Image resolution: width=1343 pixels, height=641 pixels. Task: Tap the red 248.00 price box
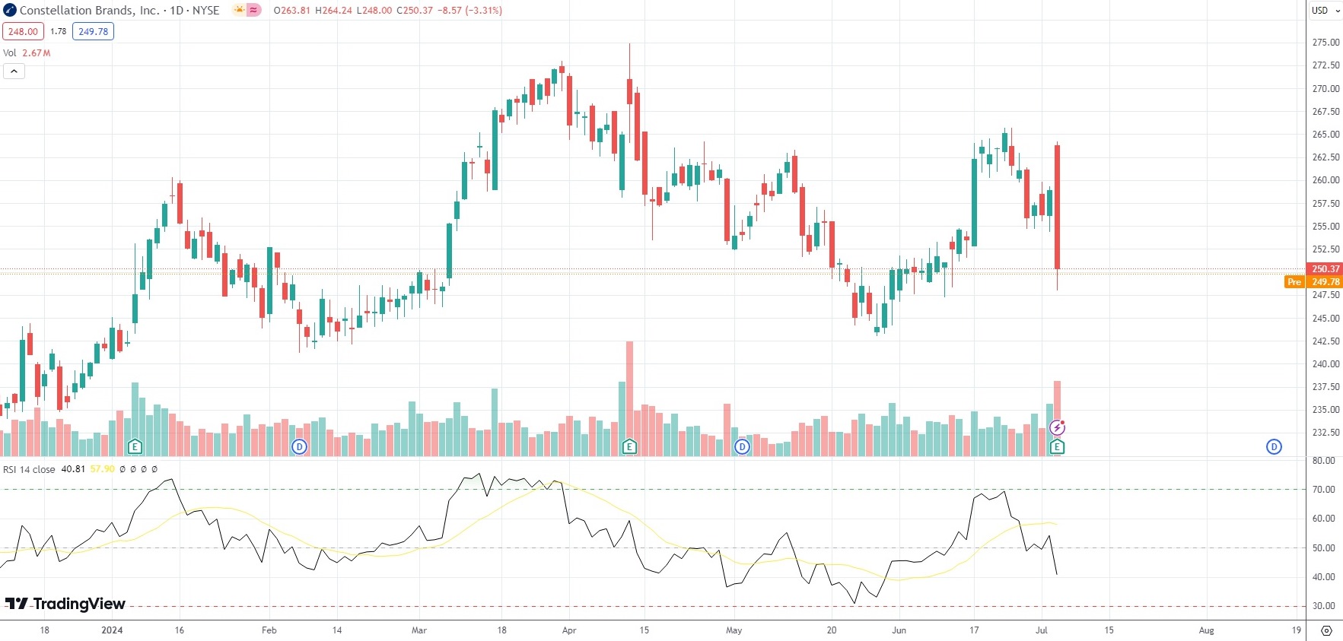click(23, 32)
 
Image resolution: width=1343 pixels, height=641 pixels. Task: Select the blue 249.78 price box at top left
click(93, 32)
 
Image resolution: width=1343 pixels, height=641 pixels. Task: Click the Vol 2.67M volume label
click(27, 53)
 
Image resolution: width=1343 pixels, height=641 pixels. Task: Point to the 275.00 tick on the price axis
click(1325, 43)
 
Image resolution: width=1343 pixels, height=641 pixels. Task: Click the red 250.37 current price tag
click(1325, 269)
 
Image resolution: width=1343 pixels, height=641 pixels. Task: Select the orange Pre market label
click(1294, 282)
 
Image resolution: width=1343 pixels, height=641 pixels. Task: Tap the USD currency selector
click(1325, 11)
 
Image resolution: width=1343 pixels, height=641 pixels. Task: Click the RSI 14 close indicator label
click(29, 469)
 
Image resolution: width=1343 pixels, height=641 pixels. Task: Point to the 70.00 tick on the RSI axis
click(1324, 490)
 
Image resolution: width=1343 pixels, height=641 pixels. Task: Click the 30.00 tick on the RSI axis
click(1324, 606)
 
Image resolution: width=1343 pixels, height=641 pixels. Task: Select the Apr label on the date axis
click(569, 630)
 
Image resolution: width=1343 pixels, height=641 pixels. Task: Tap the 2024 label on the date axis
click(112, 630)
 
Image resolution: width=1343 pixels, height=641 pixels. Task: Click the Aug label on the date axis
click(1206, 630)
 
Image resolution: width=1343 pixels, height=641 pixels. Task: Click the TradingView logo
click(65, 604)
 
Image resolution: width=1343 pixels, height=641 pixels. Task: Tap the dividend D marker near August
click(1274, 447)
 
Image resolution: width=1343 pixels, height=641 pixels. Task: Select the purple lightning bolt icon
click(1057, 427)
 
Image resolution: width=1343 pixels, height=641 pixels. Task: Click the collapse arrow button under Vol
click(14, 71)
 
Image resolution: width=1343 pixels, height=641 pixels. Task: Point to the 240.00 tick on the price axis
click(1325, 364)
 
